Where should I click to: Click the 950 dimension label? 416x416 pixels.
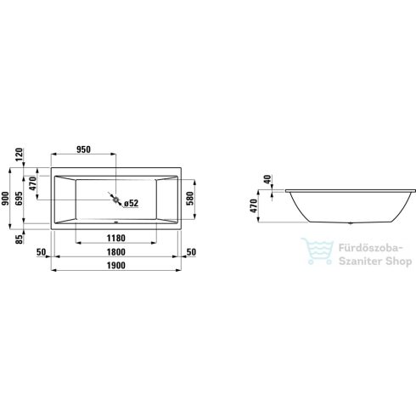(x=85, y=149)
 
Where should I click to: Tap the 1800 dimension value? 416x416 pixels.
(x=116, y=252)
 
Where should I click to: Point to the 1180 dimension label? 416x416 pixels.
(x=116, y=239)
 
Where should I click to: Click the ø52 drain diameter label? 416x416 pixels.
(x=131, y=203)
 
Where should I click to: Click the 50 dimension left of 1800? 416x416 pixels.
(x=41, y=252)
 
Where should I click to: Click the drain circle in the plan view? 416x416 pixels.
(x=115, y=201)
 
